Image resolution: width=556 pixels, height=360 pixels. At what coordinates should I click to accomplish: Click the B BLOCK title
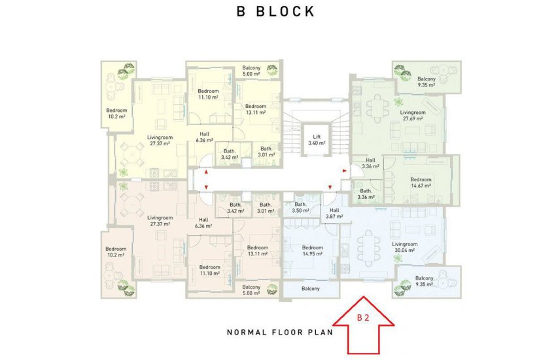click(275, 11)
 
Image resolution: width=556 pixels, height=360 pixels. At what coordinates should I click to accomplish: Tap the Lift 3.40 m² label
click(317, 139)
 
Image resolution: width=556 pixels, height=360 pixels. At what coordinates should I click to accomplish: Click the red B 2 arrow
click(364, 325)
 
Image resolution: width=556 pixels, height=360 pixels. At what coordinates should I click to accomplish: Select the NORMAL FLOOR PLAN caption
click(280, 333)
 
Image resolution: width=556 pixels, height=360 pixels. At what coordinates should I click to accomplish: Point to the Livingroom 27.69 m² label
click(413, 115)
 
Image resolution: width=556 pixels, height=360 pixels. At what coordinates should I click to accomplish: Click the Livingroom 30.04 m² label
click(405, 247)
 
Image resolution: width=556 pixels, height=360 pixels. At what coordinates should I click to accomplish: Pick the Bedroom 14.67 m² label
click(421, 183)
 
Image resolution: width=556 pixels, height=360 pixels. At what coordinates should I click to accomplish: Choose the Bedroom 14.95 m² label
click(313, 251)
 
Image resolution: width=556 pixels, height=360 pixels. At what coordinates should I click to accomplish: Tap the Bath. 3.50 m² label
click(300, 207)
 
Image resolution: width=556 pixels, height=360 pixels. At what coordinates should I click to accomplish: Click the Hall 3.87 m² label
click(334, 213)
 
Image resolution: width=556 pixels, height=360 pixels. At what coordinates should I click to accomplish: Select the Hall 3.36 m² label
click(370, 163)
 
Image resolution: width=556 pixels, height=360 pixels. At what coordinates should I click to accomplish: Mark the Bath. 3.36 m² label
click(366, 194)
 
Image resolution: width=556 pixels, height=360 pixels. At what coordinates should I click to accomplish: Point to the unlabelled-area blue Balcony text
click(311, 289)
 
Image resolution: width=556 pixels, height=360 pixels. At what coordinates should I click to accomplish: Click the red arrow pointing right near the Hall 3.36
click(344, 171)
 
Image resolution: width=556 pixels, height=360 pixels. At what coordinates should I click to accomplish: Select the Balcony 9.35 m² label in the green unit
click(426, 82)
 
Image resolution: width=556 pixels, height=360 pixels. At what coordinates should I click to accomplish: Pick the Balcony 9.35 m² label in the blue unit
click(424, 281)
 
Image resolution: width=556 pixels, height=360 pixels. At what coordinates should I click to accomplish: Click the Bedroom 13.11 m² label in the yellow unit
click(256, 109)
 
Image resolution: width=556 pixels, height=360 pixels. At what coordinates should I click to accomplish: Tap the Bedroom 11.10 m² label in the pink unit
click(209, 270)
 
